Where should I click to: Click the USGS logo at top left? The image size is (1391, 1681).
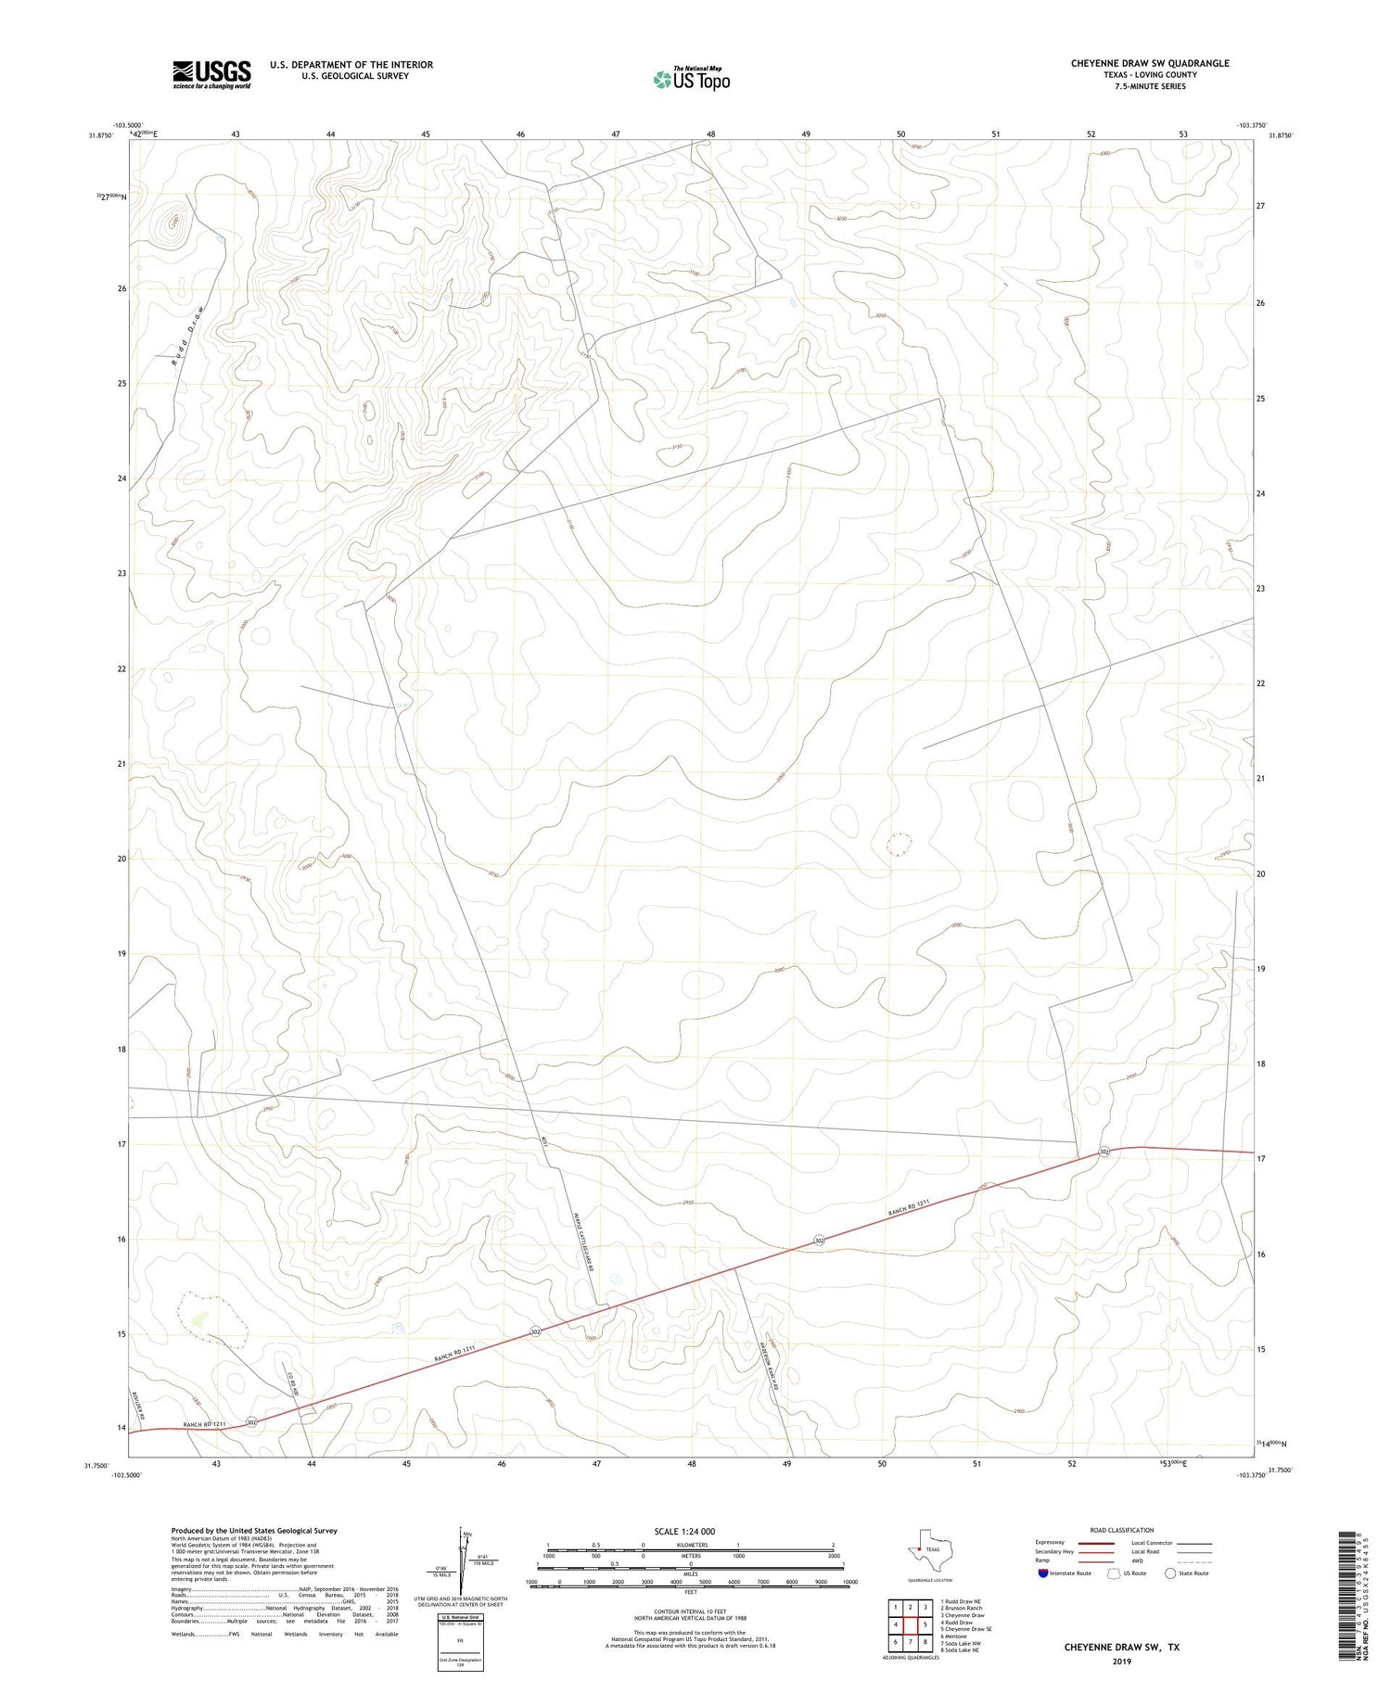click(x=211, y=74)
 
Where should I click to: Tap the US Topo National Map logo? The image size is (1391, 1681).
click(x=692, y=80)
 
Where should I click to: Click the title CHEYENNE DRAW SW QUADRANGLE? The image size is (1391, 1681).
click(x=1150, y=63)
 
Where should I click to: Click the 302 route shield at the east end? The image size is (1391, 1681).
click(x=1104, y=1152)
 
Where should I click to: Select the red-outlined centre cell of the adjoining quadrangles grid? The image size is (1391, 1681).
click(x=911, y=1624)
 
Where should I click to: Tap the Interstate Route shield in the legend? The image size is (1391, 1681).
click(x=1043, y=1573)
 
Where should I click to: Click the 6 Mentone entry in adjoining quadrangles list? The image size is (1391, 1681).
click(x=954, y=1636)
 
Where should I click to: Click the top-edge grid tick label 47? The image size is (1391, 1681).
click(x=616, y=134)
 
